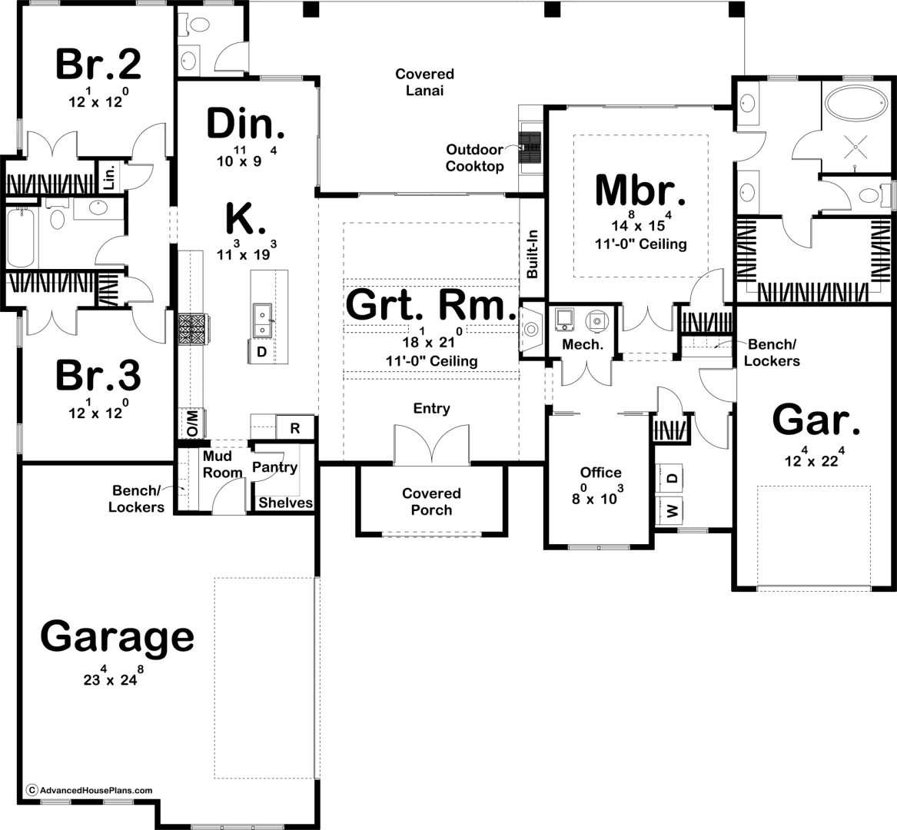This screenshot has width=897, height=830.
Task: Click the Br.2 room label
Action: pyautogui.click(x=98, y=64)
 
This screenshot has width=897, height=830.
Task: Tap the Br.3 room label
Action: pyautogui.click(x=98, y=377)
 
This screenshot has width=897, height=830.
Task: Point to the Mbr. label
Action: pyautogui.click(x=640, y=190)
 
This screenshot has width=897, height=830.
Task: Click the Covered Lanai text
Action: pyautogui.click(x=424, y=81)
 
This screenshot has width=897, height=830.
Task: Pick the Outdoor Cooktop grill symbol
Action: pyautogui.click(x=530, y=148)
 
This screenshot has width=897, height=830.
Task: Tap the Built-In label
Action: pyautogui.click(x=533, y=254)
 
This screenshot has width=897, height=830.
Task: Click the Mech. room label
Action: pyautogui.click(x=583, y=344)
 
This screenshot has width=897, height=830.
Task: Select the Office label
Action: pyautogui.click(x=600, y=473)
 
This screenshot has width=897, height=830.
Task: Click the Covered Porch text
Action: pyautogui.click(x=431, y=502)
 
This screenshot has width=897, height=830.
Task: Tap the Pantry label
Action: pyautogui.click(x=274, y=467)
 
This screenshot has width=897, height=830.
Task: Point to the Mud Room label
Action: pyautogui.click(x=222, y=464)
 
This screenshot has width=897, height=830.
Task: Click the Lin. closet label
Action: pyautogui.click(x=110, y=177)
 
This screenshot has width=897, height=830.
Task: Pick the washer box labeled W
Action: pyautogui.click(x=673, y=510)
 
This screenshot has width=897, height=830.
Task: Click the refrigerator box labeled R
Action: pyautogui.click(x=295, y=427)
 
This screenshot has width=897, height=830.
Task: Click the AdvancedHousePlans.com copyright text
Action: pyautogui.click(x=90, y=790)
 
